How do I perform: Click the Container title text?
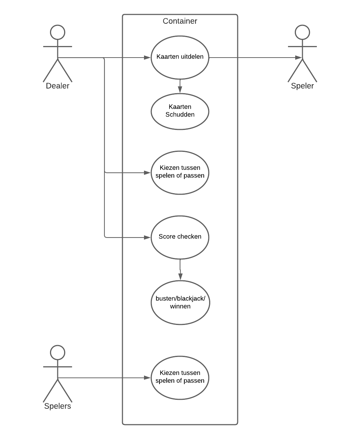tap(180, 21)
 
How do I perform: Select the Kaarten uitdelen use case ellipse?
tap(180, 57)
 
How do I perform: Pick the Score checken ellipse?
tap(180, 237)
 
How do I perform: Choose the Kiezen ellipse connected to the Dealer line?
tap(180, 173)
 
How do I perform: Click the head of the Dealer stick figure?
tap(58, 32)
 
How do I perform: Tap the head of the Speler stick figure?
tap(302, 32)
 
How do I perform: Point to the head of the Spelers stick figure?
tap(58, 353)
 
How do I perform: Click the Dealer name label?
tap(58, 86)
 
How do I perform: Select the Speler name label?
tap(302, 86)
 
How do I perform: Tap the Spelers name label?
tap(58, 406)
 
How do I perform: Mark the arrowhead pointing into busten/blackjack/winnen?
tap(180, 277)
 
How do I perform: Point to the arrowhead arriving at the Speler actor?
tap(298, 58)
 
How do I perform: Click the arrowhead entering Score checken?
tap(147, 237)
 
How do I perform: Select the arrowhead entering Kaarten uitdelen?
tap(147, 58)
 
